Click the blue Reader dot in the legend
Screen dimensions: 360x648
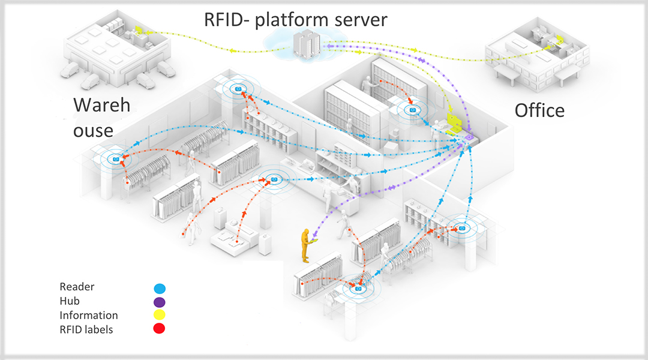coord(159,289)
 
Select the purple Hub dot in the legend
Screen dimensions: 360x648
coord(159,302)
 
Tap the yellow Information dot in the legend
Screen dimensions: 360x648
coord(159,315)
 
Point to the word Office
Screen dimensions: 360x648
coord(539,110)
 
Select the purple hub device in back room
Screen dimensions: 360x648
coord(468,139)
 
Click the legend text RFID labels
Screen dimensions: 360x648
coord(86,329)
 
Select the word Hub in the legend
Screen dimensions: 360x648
coord(70,302)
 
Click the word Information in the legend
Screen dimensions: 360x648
coord(89,315)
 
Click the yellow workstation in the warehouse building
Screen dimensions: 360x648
coord(139,30)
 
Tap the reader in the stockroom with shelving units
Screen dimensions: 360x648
coord(413,110)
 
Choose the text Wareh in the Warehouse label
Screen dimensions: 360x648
coord(101,106)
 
